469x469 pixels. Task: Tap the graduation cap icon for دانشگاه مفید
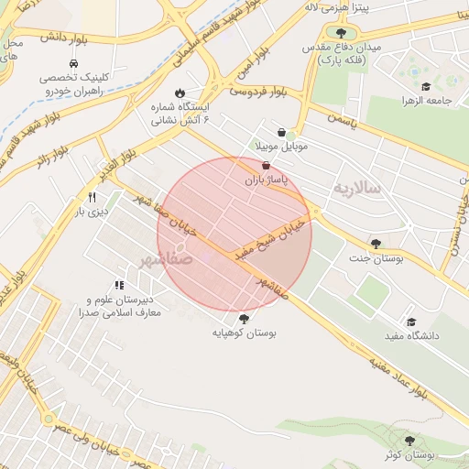[x=411, y=322]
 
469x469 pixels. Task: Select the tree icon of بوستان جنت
[x=376, y=244]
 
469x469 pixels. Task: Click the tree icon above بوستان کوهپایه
[x=244, y=319]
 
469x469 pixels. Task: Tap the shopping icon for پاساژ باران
[x=266, y=166]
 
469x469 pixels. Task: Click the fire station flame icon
[x=180, y=92]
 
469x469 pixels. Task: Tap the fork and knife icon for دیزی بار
[x=92, y=197]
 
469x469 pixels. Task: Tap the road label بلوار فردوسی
[x=258, y=92]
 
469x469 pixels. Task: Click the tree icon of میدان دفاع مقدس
[x=341, y=33]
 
